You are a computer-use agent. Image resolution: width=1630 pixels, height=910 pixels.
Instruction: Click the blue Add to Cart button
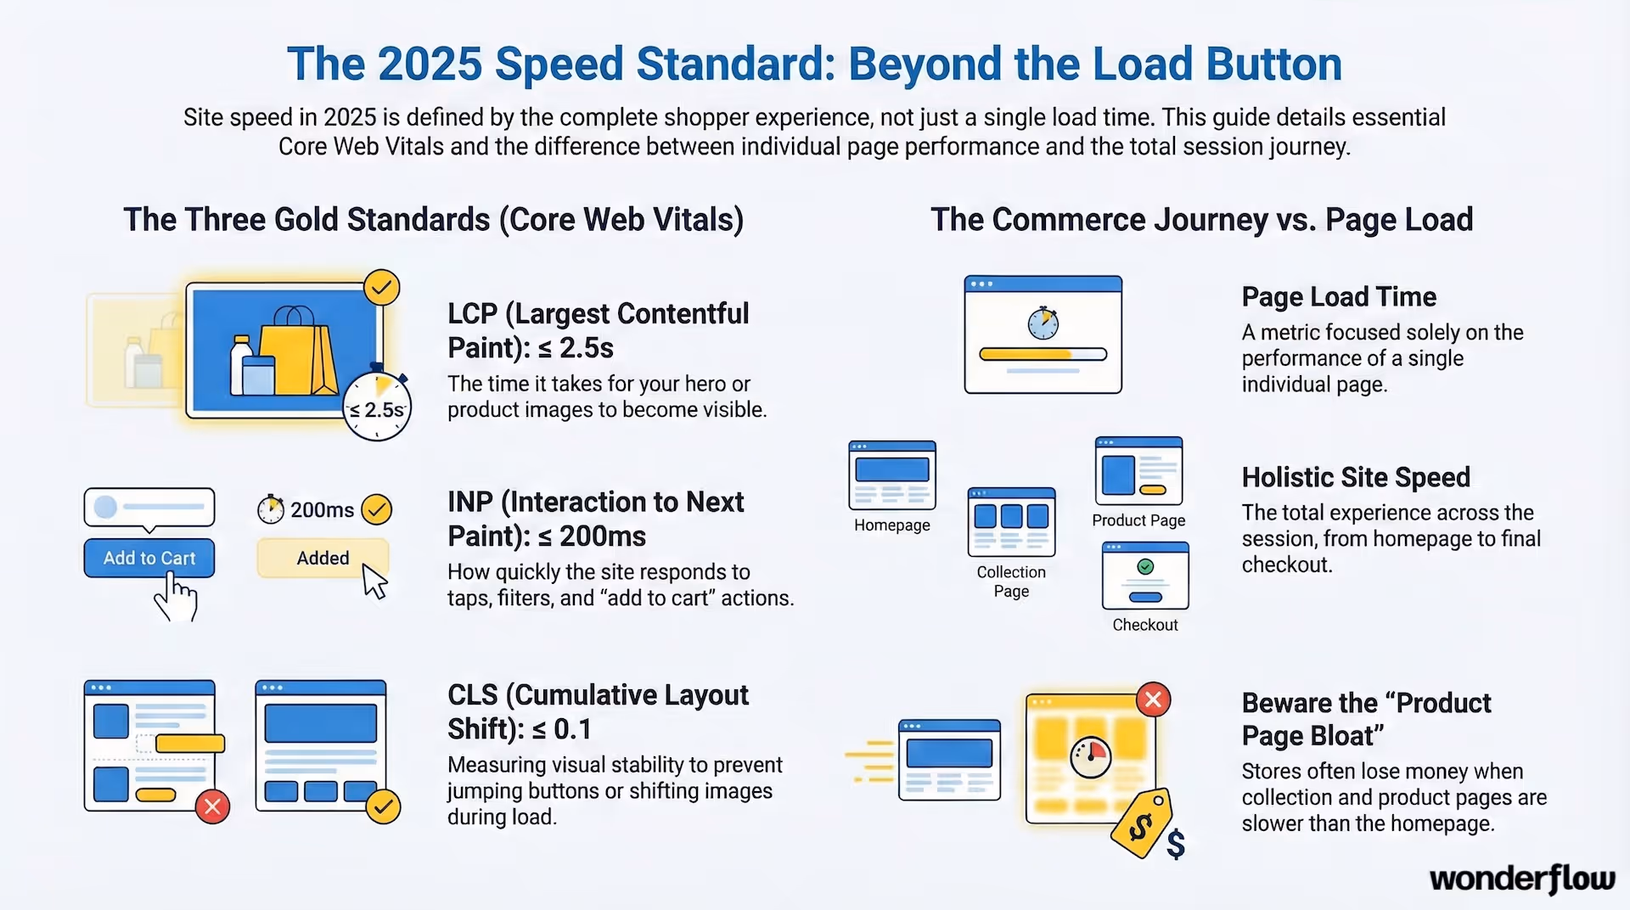pos(149,558)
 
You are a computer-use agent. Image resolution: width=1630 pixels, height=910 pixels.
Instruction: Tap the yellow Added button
pos(323,558)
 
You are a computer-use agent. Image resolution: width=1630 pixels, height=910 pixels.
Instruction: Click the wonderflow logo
pos(1521,879)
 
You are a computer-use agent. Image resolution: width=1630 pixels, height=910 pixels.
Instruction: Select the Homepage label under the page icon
pos(891,525)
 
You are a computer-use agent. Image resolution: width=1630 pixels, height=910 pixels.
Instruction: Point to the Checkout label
pos(1144,625)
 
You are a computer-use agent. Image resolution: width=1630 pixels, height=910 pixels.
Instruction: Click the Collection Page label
pos(1010,581)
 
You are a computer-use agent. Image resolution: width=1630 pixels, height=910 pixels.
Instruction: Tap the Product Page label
pos(1138,520)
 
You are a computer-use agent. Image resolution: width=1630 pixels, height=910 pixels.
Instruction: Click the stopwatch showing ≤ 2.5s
pos(377,407)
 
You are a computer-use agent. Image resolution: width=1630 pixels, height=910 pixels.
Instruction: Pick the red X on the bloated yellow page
pos(1153,699)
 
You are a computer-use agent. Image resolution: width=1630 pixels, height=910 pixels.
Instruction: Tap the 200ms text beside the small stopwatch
pos(322,510)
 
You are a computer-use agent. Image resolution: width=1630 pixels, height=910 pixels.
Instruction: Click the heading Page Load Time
pos(1338,297)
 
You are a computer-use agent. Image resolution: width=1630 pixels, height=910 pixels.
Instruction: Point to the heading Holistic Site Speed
pos(1355,477)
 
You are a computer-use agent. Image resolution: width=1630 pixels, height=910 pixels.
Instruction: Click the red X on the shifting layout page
pos(212,806)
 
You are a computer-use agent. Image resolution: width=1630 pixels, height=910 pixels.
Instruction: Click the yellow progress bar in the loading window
pos(1026,354)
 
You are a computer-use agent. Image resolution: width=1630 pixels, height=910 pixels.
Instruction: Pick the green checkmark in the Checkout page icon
pos(1144,566)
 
